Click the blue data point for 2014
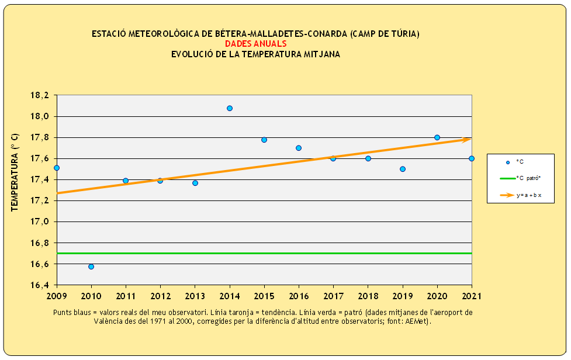[230, 108]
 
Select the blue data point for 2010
[91, 266]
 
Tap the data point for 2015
[264, 140]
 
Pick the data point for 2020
[437, 137]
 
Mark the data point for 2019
[403, 169]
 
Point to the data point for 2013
[195, 183]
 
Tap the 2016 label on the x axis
[299, 296]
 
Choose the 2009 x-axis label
[57, 296]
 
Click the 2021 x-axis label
[471, 296]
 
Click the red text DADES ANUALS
[255, 44]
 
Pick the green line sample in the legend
[507, 178]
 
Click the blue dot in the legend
[508, 162]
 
